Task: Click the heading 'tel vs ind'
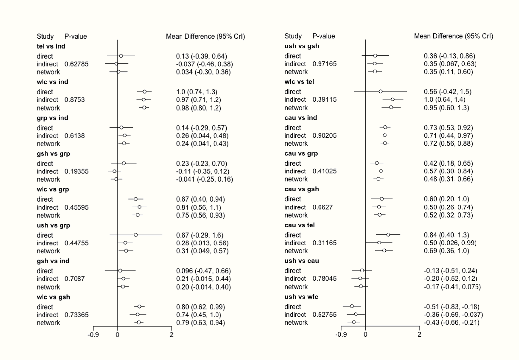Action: pos(51,46)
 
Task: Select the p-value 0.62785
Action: pos(76,64)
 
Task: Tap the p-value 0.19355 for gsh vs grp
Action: pos(76,171)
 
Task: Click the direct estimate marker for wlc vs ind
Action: pos(144,92)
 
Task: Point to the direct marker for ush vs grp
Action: pos(136,235)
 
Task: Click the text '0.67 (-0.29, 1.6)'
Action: pos(199,235)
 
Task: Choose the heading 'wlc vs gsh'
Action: pos(53,297)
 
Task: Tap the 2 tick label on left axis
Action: pos(171,335)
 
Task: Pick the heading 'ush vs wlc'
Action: pos(301,297)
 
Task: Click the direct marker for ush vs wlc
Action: pos(352,306)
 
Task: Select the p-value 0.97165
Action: pos(324,64)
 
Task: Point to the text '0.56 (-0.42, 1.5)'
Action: pos(448,92)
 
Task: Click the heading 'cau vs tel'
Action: pos(300,225)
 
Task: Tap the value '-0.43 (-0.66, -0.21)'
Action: pos(452,323)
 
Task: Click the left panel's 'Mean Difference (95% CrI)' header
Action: pos(205,36)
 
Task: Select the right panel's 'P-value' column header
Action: pos(323,36)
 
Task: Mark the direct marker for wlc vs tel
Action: pos(381,91)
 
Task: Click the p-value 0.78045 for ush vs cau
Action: pos(324,279)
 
